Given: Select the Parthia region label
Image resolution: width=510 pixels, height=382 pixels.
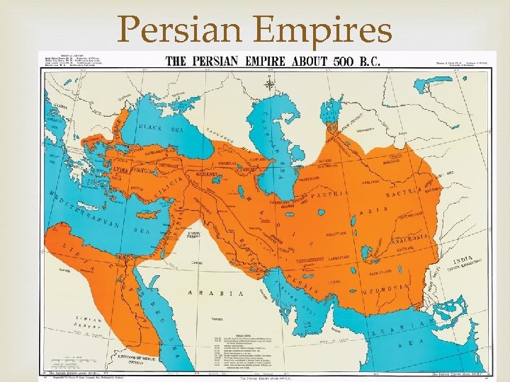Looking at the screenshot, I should pyautogui.click(x=334, y=194).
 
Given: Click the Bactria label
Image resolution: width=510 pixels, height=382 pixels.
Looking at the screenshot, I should pyautogui.click(x=406, y=192).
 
